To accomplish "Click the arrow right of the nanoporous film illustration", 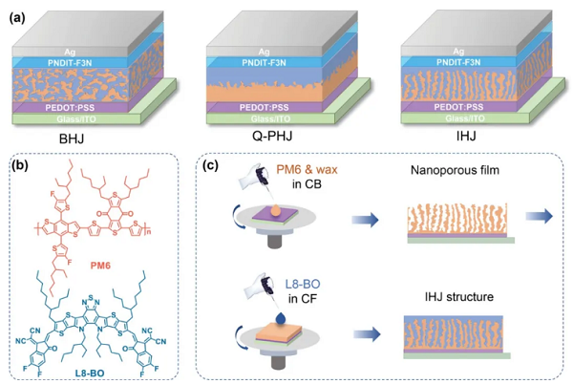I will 550,217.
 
